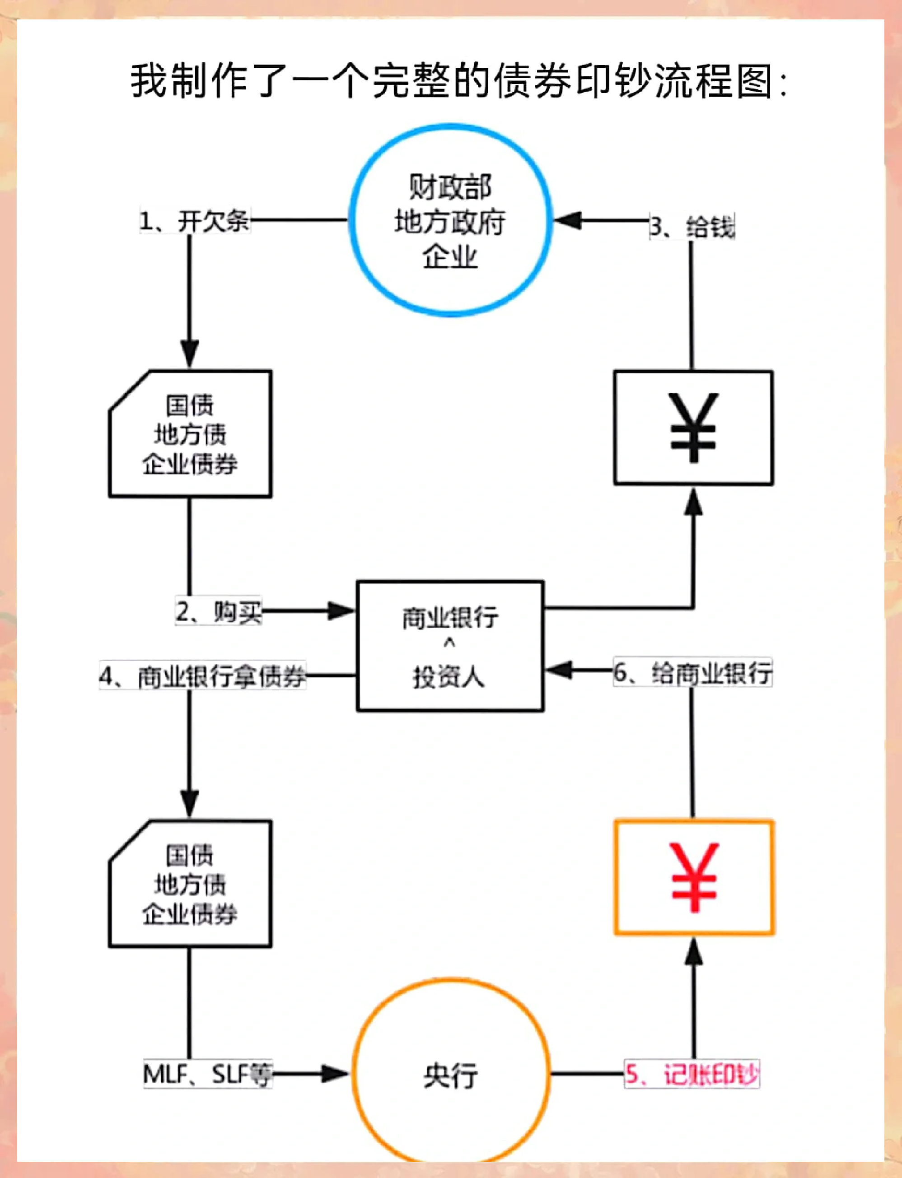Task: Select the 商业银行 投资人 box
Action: (x=450, y=646)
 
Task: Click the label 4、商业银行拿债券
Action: (x=202, y=675)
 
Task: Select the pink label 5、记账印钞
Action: (x=692, y=1074)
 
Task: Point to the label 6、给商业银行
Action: (x=692, y=672)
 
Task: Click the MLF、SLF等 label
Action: (x=208, y=1074)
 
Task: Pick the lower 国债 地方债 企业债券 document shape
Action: (x=190, y=884)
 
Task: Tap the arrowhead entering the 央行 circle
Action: (x=335, y=1074)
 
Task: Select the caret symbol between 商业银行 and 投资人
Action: (x=449, y=643)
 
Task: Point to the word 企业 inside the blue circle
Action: (x=450, y=256)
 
